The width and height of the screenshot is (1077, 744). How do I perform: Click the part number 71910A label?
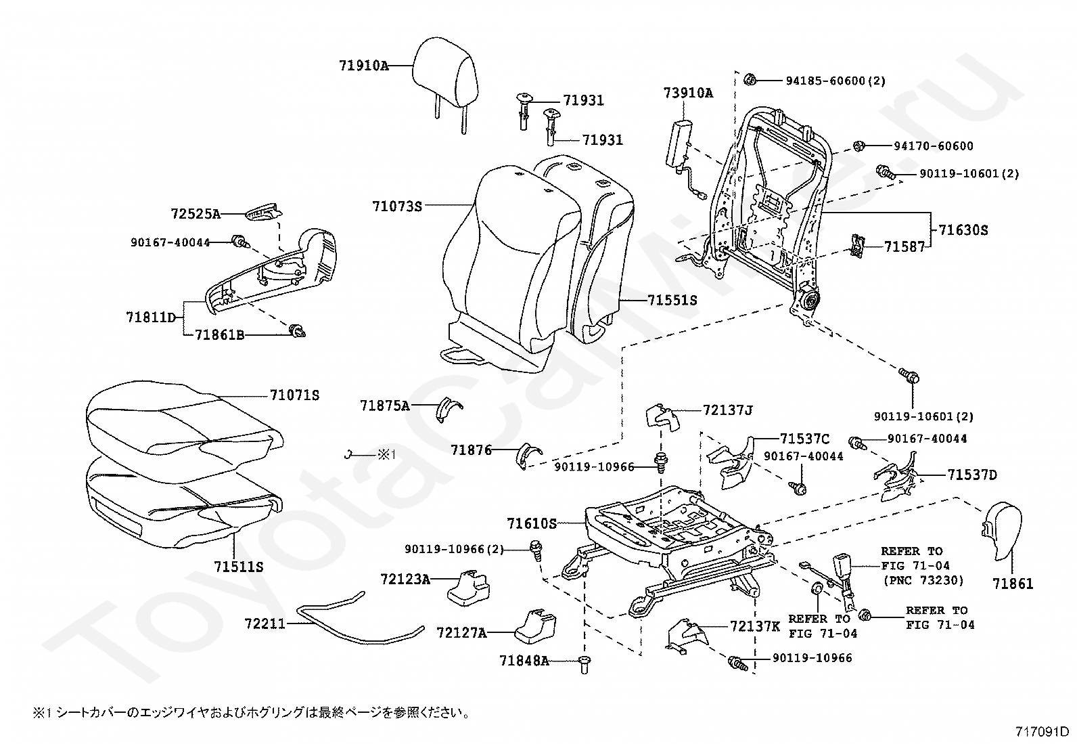tap(364, 66)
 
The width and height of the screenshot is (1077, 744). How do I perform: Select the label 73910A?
tap(688, 93)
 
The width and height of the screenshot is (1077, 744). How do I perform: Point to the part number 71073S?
tap(396, 205)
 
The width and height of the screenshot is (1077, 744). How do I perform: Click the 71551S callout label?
tap(672, 299)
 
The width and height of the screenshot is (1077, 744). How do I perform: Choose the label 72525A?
tap(196, 215)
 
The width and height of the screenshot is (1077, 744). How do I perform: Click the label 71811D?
tap(150, 317)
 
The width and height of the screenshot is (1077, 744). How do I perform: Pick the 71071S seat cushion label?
tap(294, 395)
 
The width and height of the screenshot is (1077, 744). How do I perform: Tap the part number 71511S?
tap(239, 567)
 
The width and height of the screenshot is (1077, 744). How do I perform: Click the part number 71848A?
tap(524, 661)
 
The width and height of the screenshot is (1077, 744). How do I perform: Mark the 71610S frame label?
tap(532, 523)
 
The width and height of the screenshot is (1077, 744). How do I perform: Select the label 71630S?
tap(963, 230)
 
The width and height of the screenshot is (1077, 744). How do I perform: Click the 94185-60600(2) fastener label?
tap(835, 81)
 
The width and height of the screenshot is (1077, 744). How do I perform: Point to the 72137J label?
tap(728, 410)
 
